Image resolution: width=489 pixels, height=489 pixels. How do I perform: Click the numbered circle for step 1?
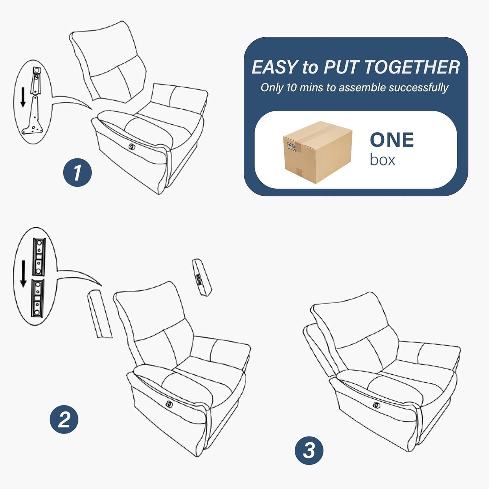77,173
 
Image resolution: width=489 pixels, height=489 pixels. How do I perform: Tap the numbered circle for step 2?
64,420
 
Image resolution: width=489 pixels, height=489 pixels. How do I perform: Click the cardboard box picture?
317,152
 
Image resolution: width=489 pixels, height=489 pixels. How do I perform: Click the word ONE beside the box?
392,140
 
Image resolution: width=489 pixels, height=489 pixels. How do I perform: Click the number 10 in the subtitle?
291,88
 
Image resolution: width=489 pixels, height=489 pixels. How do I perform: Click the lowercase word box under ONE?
382,160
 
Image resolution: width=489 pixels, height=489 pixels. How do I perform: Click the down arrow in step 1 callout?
23,97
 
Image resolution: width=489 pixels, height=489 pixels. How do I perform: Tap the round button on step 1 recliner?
131,147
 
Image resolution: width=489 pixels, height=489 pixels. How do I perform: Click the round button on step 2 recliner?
169,404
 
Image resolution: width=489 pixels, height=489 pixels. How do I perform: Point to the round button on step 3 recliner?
376,405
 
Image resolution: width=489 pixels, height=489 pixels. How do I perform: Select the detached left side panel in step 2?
99,314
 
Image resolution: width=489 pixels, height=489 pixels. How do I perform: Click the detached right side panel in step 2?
202,277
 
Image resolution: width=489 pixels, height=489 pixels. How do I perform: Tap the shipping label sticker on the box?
292,147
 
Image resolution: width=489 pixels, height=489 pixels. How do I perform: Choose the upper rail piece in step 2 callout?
39,256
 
